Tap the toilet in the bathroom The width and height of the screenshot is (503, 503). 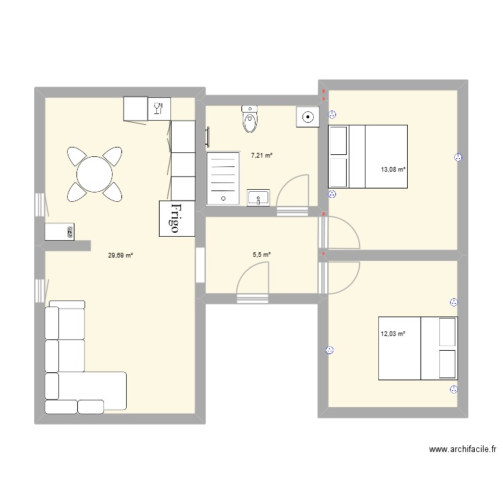click(x=249, y=120)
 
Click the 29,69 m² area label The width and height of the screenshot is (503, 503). click(x=121, y=255)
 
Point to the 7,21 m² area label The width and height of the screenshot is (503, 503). click(x=262, y=155)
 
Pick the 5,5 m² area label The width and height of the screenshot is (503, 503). click(x=262, y=255)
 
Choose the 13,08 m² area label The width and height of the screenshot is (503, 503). click(x=393, y=170)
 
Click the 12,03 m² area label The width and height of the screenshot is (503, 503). click(x=393, y=333)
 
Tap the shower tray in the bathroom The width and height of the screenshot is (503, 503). click(x=223, y=176)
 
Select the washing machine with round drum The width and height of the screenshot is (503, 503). click(x=307, y=117)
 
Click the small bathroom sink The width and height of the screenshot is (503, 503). click(x=258, y=198)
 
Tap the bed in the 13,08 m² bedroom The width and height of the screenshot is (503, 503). click(x=368, y=156)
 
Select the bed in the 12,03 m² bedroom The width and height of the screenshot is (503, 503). click(x=418, y=349)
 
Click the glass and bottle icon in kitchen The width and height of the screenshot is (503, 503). click(x=158, y=109)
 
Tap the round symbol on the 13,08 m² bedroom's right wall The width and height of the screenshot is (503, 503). click(x=458, y=158)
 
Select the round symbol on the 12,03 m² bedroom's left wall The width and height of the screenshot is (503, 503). click(x=329, y=349)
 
